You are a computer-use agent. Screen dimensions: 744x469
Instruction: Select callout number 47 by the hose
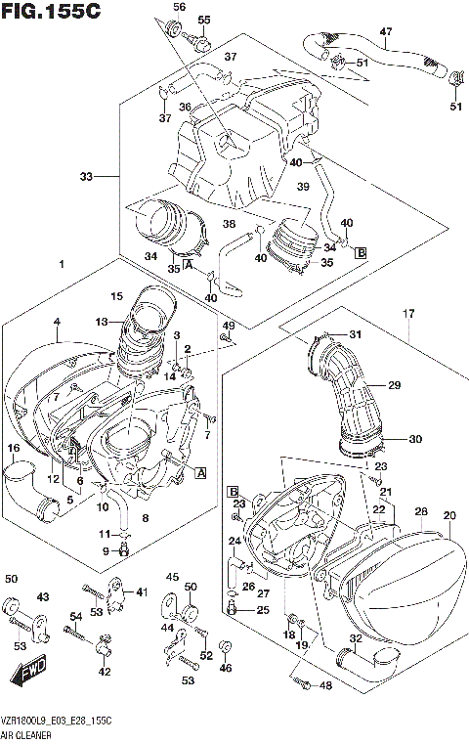385,31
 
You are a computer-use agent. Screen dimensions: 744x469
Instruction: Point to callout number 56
179,8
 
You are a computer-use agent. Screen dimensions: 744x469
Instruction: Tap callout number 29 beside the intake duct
395,386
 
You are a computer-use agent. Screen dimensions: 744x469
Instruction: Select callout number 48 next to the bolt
325,685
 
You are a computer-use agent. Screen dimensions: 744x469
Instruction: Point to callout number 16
14,448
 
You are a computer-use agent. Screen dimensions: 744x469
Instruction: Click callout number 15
116,296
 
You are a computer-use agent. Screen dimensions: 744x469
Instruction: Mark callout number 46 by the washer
227,668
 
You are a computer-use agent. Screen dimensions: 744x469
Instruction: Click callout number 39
303,186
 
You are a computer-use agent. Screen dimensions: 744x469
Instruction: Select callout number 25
262,610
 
